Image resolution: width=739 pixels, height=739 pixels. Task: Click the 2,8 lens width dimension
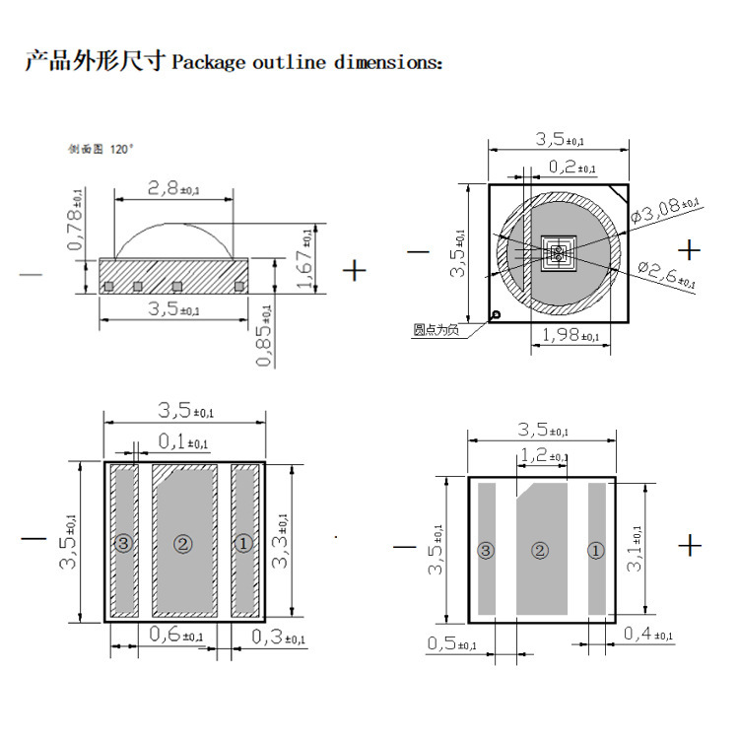(172, 186)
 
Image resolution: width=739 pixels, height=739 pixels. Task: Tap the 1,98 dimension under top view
(570, 336)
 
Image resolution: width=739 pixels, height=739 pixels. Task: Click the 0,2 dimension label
(571, 167)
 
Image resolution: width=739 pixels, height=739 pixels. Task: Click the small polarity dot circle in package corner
(497, 315)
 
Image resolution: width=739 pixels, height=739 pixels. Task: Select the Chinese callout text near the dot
(437, 330)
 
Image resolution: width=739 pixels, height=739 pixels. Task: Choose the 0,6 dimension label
(176, 636)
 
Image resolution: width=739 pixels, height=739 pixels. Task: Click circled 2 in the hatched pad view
(182, 543)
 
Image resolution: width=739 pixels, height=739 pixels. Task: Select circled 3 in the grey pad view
(485, 551)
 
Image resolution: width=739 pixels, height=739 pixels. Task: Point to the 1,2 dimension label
(544, 456)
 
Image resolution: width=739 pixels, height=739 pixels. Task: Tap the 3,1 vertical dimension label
(638, 549)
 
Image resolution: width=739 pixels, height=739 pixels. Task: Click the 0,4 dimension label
(648, 634)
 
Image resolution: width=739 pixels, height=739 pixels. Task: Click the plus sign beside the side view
(354, 270)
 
